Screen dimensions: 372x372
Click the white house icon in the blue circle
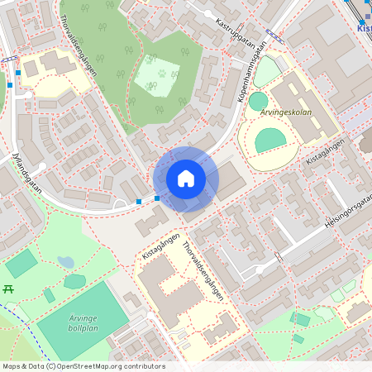click(186, 178)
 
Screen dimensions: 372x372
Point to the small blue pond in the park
click(65, 263)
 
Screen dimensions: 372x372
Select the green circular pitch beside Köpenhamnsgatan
click(259, 101)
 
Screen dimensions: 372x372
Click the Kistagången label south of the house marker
click(159, 246)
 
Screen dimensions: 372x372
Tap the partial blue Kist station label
click(364, 27)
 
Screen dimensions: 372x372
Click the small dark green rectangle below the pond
click(50, 295)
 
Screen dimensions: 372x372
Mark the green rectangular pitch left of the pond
click(21, 263)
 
